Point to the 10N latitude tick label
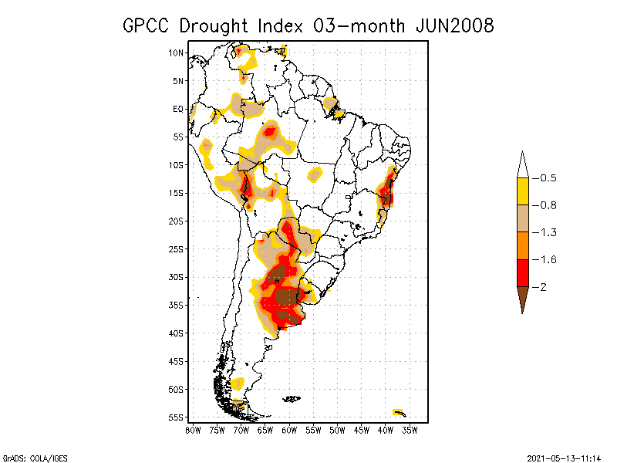176,53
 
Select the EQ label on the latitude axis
178,109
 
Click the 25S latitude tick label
176,249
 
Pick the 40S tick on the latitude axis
176,333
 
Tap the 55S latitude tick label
176,417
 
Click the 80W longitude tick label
193,430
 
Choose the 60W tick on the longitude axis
289,430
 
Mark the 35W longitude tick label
410,430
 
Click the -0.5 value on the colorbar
548,178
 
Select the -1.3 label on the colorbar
548,232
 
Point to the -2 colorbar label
543,287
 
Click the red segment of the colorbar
522,273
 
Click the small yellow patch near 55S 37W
398,411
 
